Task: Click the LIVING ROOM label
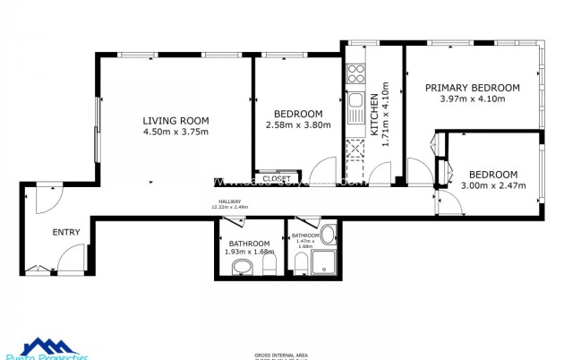click(x=175, y=120)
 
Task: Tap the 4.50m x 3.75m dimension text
click(x=175, y=132)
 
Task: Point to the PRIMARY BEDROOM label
click(x=472, y=87)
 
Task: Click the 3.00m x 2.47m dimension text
click(x=493, y=185)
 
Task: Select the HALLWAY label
click(x=229, y=201)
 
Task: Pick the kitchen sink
click(x=355, y=100)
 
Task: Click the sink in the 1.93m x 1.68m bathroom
click(x=240, y=267)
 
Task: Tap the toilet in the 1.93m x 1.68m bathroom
click(x=272, y=262)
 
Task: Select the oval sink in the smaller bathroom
click(x=329, y=236)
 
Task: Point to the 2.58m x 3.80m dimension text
click(x=298, y=125)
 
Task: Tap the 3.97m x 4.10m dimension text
click(x=472, y=99)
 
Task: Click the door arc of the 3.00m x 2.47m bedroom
click(x=450, y=205)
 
